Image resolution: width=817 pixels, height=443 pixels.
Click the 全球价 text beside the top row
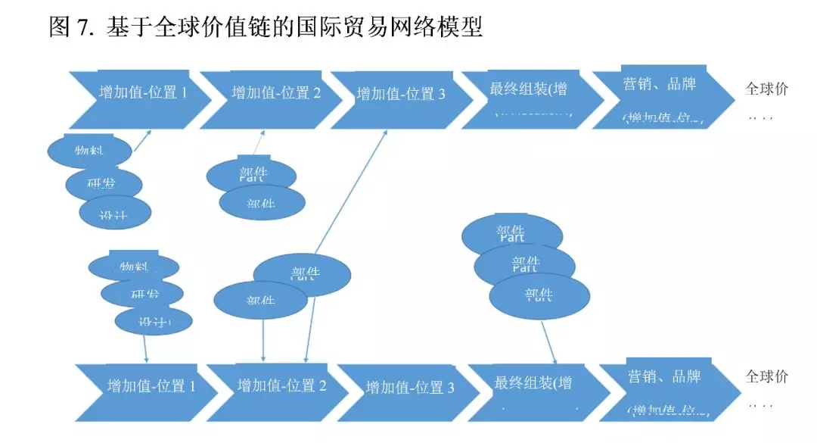766,89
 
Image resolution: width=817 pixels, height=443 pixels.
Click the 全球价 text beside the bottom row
766,376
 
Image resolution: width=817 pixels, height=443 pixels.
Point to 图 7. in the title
73,28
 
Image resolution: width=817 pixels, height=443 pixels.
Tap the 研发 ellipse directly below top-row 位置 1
104,184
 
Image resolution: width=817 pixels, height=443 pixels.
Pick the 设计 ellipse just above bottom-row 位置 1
154,321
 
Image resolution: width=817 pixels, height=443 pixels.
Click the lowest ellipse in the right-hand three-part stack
539,295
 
